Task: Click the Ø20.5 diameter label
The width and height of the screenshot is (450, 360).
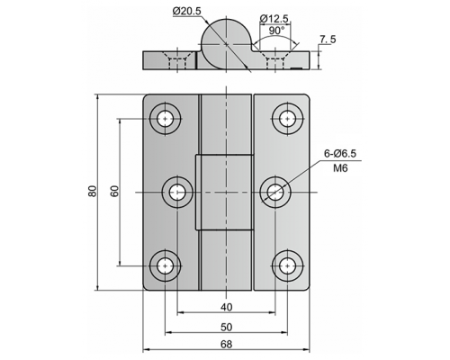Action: (187, 11)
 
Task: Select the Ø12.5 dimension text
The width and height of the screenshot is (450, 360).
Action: (274, 19)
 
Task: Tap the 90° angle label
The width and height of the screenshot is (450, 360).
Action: (276, 31)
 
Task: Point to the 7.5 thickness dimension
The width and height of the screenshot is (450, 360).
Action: (328, 40)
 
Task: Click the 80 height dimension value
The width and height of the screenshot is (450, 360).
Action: (93, 191)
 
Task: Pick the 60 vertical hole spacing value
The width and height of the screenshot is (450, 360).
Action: (114, 191)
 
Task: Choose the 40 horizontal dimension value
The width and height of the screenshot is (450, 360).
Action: (227, 307)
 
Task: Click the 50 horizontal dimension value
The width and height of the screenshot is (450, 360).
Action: (227, 327)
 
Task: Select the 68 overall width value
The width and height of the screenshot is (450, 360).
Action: (227, 345)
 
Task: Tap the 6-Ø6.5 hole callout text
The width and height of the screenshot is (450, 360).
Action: (340, 154)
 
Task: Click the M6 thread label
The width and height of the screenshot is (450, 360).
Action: (340, 168)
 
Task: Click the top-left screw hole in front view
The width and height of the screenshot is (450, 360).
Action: (165, 119)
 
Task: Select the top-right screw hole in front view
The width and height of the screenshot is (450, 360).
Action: (288, 119)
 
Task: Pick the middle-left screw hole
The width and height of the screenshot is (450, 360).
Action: (177, 193)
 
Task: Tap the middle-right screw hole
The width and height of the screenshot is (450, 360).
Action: (275, 193)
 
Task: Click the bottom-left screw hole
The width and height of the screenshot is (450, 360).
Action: (165, 265)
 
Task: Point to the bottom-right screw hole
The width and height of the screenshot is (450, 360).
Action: (288, 265)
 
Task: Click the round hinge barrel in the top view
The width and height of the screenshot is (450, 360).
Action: (226, 44)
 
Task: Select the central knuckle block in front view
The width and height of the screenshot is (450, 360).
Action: (225, 193)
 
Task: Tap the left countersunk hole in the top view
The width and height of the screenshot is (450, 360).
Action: (177, 60)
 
